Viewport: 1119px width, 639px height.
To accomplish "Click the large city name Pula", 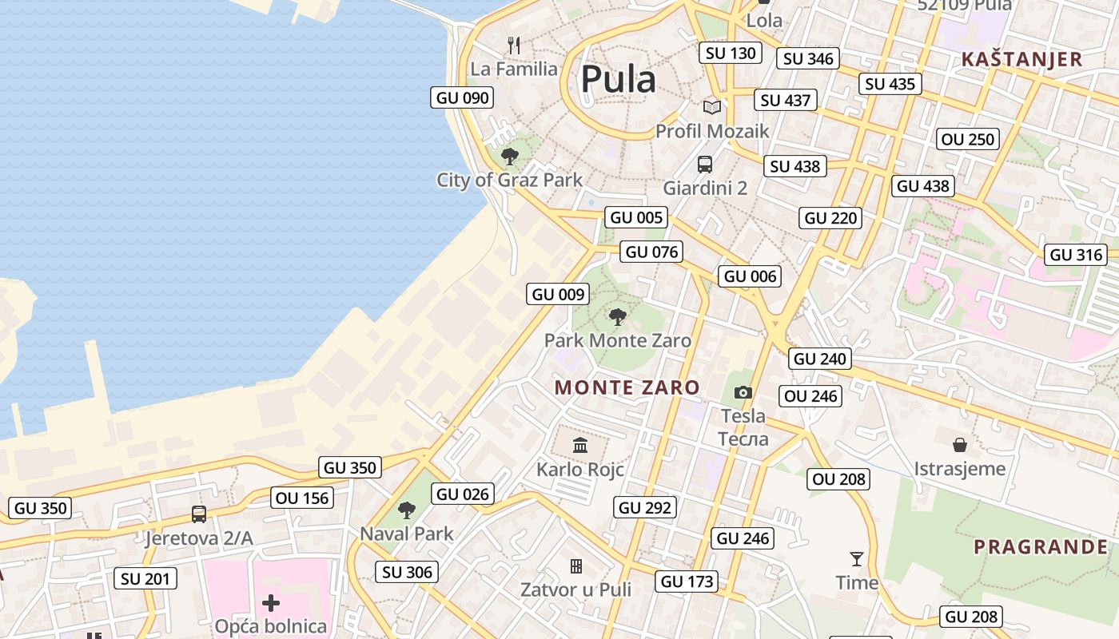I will (618, 79).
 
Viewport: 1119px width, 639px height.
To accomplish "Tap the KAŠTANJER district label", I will (1021, 59).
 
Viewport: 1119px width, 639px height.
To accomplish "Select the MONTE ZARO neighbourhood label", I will (627, 388).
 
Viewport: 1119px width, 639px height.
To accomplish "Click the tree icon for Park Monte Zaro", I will (617, 317).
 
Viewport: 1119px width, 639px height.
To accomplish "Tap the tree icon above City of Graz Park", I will (509, 156).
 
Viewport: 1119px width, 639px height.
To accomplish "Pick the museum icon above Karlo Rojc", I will (580, 445).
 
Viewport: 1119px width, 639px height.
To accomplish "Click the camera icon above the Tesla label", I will (743, 392).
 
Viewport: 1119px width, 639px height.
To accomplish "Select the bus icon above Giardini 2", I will (704, 165).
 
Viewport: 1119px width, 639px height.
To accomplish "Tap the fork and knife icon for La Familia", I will (514, 46).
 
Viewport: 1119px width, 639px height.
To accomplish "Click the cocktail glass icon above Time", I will (857, 558).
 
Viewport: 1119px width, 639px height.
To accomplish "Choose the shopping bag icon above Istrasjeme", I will (960, 444).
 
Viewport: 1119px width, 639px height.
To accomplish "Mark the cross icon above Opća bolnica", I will (271, 602).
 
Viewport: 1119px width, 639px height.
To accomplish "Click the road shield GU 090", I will (461, 97).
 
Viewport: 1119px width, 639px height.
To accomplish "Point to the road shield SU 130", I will (730, 54).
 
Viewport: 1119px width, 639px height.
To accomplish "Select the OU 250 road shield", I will (968, 139).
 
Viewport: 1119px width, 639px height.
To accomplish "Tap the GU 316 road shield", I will (1076, 255).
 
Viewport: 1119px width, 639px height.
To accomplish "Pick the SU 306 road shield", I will (407, 572).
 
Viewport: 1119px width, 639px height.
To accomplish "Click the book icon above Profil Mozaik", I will (711, 107).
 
